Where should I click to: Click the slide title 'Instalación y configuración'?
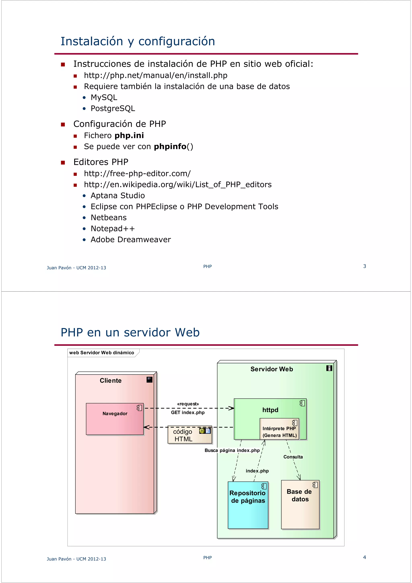(138, 41)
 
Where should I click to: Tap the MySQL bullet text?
(104, 98)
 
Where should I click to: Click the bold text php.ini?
(129, 136)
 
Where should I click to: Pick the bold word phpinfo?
(170, 147)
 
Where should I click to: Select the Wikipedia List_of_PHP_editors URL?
(178, 185)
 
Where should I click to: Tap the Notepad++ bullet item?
(112, 229)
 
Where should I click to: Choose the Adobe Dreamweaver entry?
(131, 240)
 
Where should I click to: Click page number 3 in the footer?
(365, 266)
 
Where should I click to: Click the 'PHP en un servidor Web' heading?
(130, 333)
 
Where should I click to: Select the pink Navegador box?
(115, 419)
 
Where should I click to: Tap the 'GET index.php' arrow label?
(188, 412)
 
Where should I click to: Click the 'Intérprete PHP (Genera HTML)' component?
(279, 432)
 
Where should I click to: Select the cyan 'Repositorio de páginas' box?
(248, 505)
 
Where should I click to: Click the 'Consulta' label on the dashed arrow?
(293, 457)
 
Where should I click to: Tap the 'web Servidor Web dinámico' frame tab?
(102, 353)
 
